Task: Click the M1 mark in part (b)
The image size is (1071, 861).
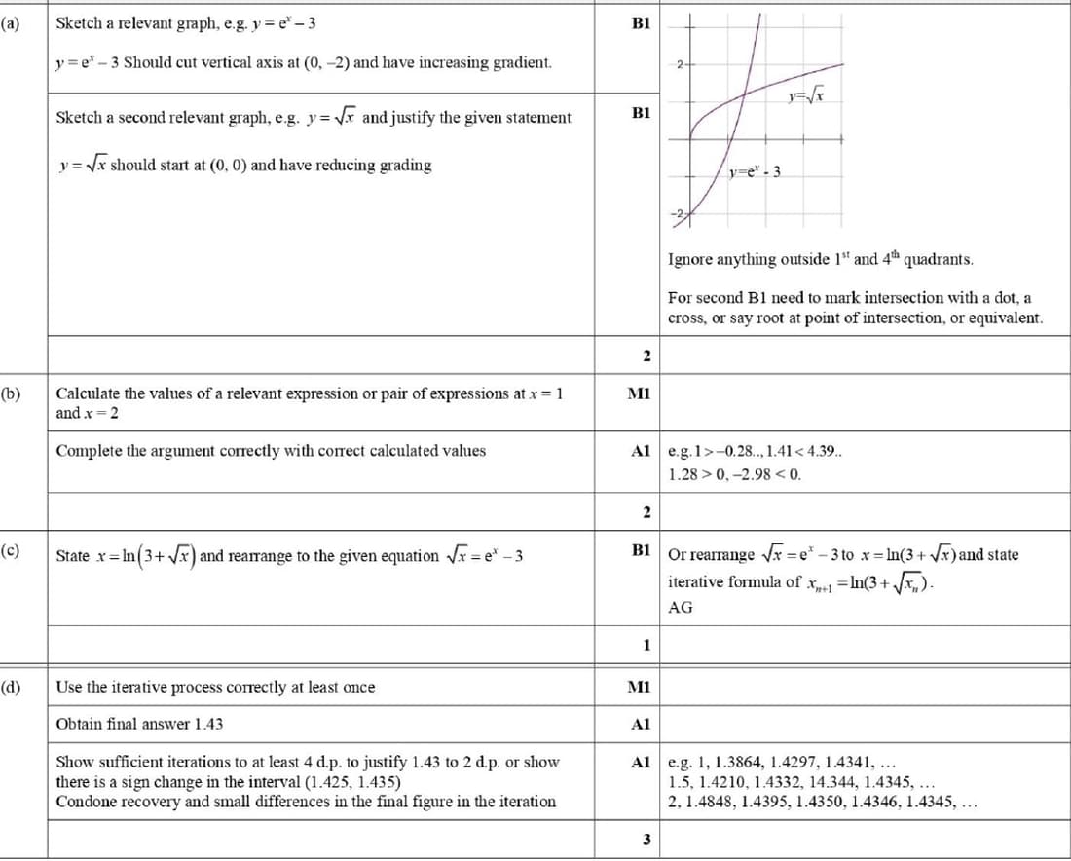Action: [x=641, y=393]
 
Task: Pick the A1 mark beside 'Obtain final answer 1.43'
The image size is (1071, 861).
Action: [x=641, y=725]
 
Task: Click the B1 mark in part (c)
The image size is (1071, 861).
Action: [x=641, y=552]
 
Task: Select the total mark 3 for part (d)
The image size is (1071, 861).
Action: [x=646, y=841]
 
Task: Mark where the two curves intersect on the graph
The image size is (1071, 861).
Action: [x=744, y=94]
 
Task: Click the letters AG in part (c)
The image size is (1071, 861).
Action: [x=681, y=607]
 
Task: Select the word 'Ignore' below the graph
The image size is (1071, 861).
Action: [x=691, y=259]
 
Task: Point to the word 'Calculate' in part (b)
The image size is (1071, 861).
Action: [x=89, y=393]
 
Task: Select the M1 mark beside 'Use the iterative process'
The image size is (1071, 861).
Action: [x=641, y=687]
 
